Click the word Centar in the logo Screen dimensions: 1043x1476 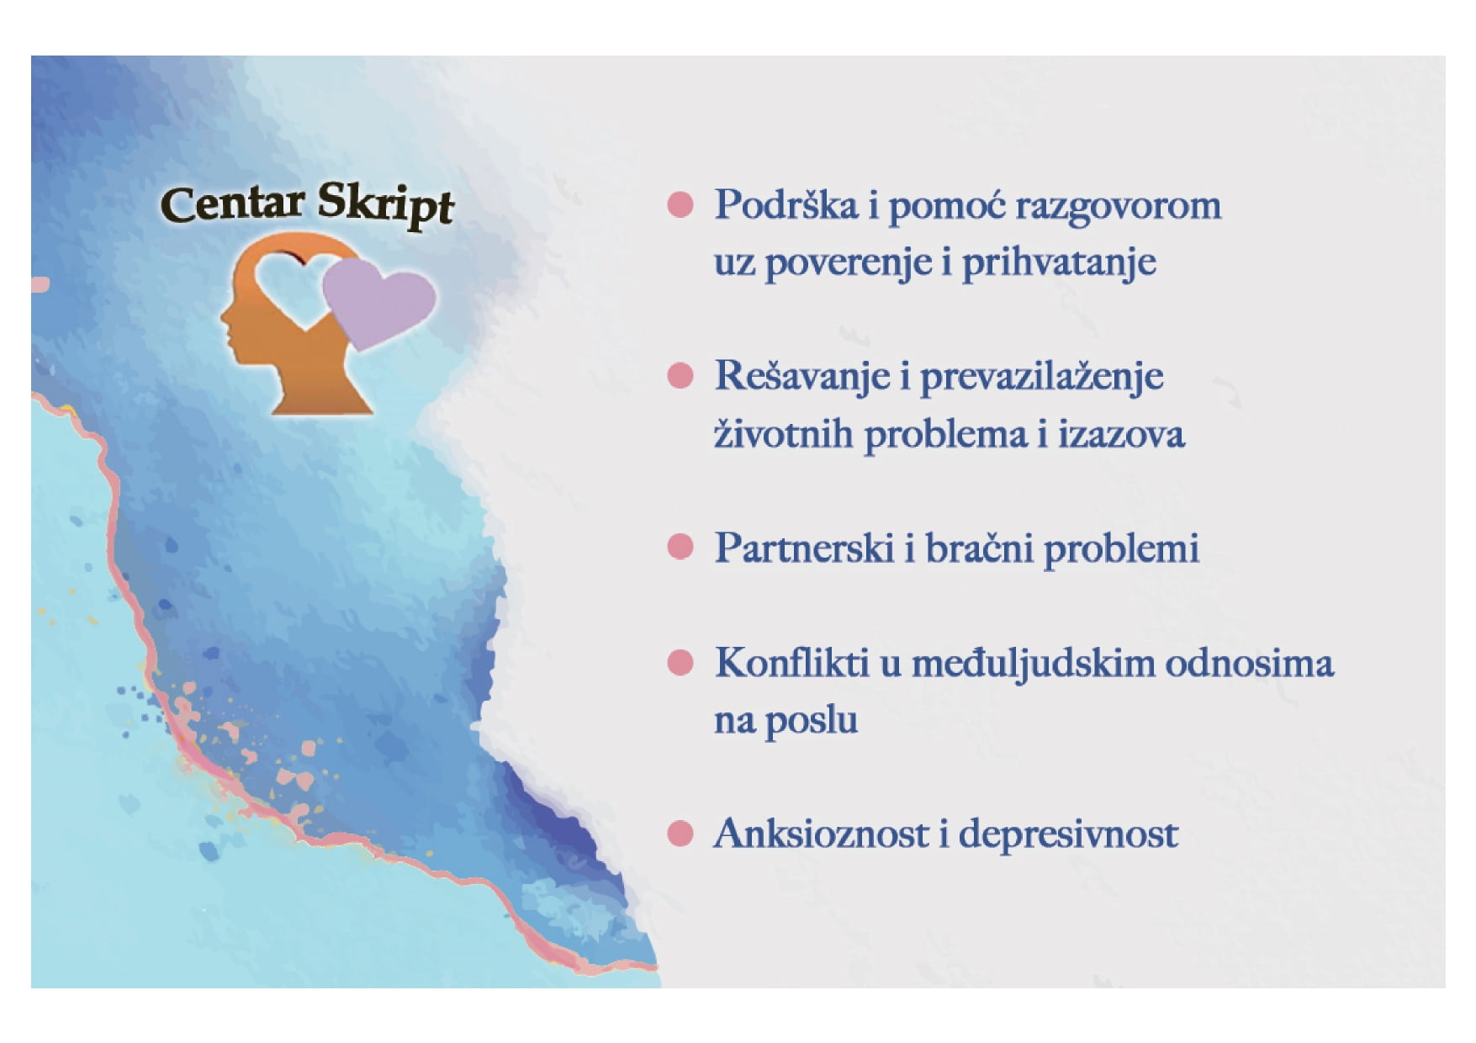point(232,204)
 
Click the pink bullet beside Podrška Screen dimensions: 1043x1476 point(680,204)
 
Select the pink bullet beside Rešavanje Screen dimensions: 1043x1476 point(680,375)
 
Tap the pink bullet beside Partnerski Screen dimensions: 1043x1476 point(680,547)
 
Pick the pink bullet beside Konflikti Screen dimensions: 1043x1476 point(680,663)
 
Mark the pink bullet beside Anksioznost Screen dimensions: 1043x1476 point(680,834)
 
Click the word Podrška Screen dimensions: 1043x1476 point(786,205)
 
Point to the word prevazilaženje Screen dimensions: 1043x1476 point(1041,377)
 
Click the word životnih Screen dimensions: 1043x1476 point(783,435)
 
